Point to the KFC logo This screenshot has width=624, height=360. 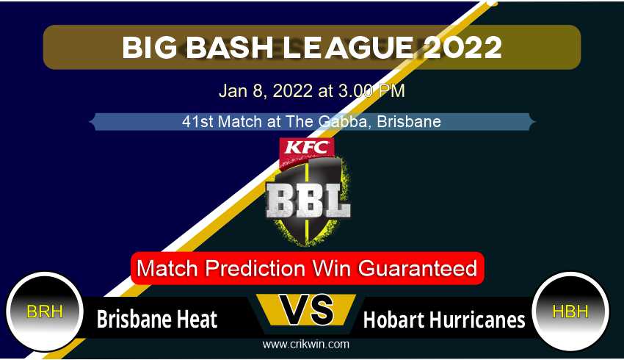pyautogui.click(x=306, y=148)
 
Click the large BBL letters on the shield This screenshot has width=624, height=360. pyautogui.click(x=308, y=199)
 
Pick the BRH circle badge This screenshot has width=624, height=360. pyautogui.click(x=45, y=312)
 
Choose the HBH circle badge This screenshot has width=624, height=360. pyautogui.click(x=570, y=312)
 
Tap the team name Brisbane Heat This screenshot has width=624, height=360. pyautogui.click(x=157, y=320)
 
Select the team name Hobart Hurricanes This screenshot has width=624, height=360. pyautogui.click(x=445, y=320)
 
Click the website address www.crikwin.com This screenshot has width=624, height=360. pyautogui.click(x=306, y=344)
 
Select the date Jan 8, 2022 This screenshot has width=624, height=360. pyautogui.click(x=265, y=92)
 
